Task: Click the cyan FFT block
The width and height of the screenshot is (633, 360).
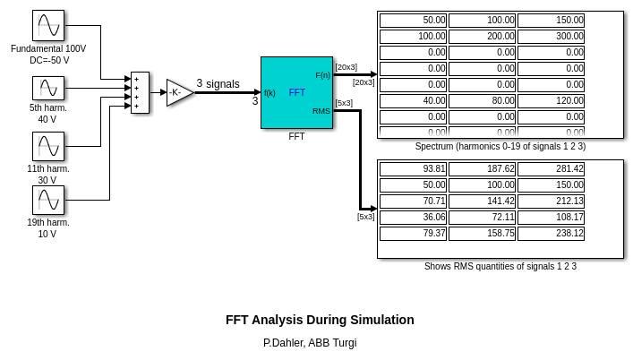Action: [296, 92]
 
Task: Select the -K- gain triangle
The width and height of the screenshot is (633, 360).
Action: [178, 92]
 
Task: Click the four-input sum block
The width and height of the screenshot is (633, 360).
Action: [140, 92]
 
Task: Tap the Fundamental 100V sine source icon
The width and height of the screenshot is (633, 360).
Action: [48, 26]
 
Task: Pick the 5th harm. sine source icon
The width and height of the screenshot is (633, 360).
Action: [48, 88]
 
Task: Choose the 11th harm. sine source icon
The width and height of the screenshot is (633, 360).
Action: [48, 147]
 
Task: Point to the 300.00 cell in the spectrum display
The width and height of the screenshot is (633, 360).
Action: [551, 37]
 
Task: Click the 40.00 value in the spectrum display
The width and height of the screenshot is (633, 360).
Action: [413, 101]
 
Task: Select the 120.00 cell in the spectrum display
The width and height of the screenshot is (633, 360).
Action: [551, 101]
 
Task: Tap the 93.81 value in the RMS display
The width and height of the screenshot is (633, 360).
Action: [413, 169]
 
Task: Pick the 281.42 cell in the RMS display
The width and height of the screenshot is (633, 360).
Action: [551, 169]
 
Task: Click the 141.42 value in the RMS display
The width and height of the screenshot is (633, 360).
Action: [482, 201]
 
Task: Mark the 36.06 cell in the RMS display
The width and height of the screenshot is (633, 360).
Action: [413, 218]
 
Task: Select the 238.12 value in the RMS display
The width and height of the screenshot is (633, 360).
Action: [551, 234]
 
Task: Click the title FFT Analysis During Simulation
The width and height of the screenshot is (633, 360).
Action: [320, 320]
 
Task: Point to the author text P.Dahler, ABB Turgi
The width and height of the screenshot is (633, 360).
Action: [310, 343]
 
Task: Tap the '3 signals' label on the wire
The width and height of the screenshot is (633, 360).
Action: [218, 84]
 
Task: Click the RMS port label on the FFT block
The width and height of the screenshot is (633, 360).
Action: [321, 111]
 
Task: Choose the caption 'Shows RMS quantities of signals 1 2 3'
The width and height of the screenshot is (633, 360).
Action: [500, 266]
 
